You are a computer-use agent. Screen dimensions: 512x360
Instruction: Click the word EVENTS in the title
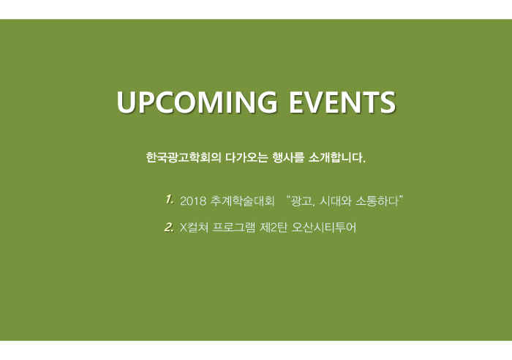point(342,102)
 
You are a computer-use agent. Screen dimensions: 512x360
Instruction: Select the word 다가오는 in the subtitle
point(246,157)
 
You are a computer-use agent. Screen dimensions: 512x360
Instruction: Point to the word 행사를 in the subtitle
point(288,157)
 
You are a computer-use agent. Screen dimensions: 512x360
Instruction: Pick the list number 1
point(169,199)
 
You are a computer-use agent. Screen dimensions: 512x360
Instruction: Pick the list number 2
point(169,227)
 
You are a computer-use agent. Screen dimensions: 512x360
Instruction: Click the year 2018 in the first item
point(193,201)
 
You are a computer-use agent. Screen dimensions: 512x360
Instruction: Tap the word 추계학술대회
point(242,200)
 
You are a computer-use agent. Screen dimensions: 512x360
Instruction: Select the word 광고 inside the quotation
point(302,200)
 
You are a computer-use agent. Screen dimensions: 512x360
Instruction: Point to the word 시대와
point(335,200)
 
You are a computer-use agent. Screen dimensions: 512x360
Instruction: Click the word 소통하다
point(377,200)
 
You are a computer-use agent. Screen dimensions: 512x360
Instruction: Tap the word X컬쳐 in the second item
point(195,227)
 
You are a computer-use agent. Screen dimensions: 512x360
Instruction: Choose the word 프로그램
point(234,227)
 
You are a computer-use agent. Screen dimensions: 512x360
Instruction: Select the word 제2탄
point(274,227)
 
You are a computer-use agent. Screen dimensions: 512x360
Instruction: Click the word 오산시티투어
point(323,227)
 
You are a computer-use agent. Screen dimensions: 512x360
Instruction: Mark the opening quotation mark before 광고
point(287,198)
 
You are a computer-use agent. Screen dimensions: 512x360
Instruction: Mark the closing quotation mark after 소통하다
point(401,198)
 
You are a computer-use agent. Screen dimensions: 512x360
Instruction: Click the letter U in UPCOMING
point(127,102)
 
